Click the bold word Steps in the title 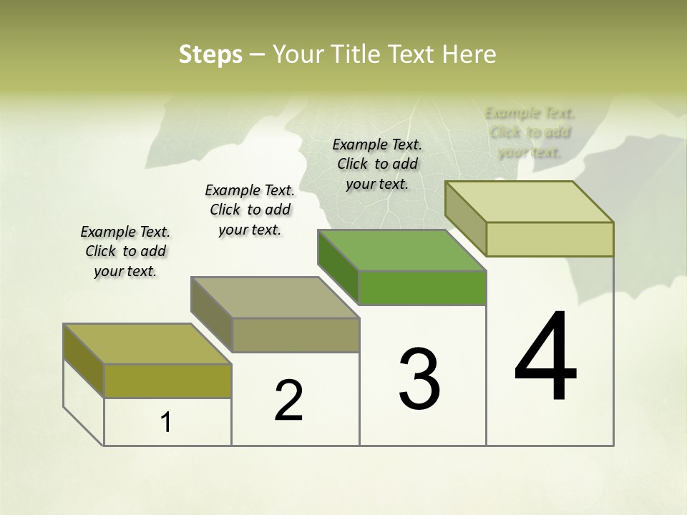(210, 54)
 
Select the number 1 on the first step (166, 423)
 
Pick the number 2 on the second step (288, 401)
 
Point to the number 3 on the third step (419, 379)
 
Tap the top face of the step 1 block (147, 344)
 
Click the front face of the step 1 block (167, 381)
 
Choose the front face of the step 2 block (295, 335)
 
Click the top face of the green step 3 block (401, 250)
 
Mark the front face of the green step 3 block (422, 288)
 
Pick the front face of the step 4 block (550, 239)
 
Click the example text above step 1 (125, 251)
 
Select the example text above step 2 (250, 210)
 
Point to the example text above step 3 (377, 164)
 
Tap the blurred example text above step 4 (530, 132)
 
